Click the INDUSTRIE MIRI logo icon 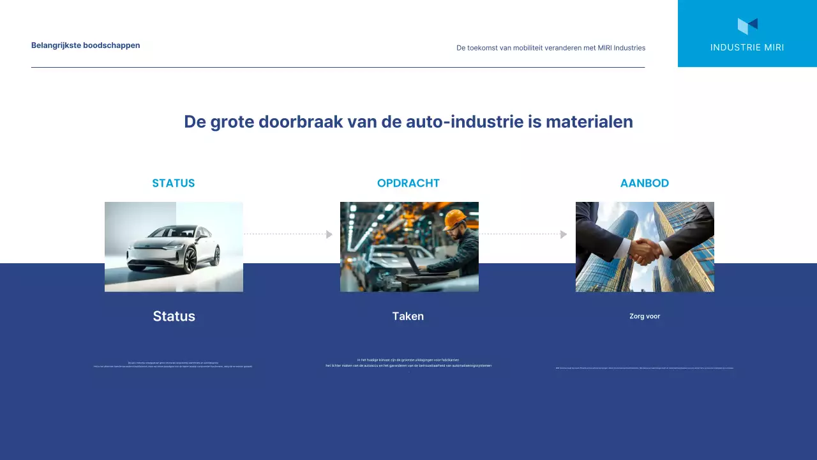point(747,26)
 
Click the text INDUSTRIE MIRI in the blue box point(747,47)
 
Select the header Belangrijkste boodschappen point(86,45)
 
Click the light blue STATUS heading point(174,183)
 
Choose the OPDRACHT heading point(408,183)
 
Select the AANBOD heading point(645,183)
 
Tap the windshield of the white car point(181,234)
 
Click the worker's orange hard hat point(455,219)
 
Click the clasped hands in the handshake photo point(646,251)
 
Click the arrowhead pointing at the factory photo point(329,234)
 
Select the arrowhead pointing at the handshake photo point(564,234)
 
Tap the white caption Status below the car point(174,316)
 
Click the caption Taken point(408,316)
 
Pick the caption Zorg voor point(645,316)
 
